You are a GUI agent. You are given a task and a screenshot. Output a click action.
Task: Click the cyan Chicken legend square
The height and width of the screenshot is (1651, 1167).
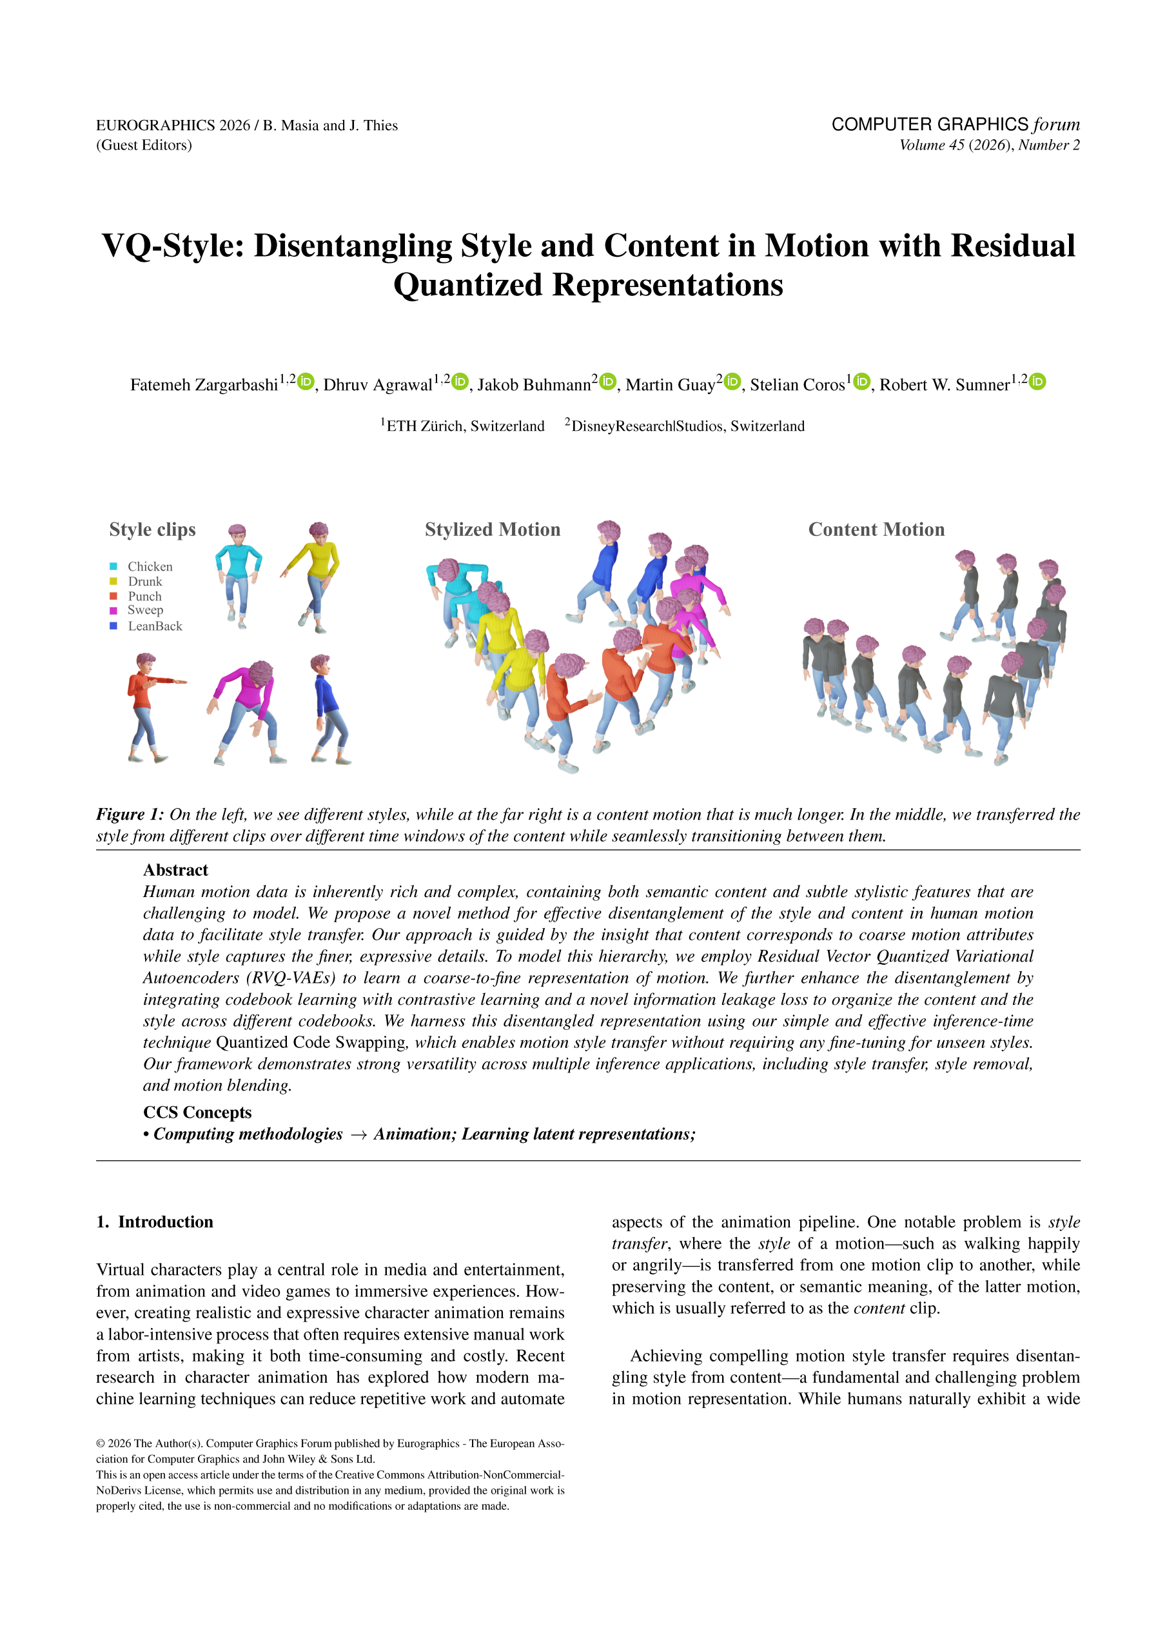tap(113, 567)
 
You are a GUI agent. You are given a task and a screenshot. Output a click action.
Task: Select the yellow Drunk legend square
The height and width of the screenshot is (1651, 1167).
tap(113, 582)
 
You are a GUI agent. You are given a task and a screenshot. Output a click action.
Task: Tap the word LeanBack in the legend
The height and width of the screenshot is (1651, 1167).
tap(155, 626)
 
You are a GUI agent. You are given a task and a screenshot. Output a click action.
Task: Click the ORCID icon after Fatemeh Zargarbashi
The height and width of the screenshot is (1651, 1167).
tap(306, 382)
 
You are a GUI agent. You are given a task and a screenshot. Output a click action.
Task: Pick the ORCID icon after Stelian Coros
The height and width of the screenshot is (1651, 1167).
tap(861, 382)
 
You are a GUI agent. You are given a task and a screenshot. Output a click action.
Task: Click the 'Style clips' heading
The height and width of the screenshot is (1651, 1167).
tap(152, 530)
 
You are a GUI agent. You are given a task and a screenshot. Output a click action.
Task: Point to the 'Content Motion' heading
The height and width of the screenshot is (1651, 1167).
tap(876, 530)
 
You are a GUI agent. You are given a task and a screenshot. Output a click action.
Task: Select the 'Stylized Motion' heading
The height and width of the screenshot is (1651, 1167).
tap(493, 530)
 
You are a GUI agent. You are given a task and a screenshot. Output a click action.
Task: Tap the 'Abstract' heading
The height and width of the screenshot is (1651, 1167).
tap(175, 870)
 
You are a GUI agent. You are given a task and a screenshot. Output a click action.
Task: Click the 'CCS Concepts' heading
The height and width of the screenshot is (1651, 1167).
tap(197, 1112)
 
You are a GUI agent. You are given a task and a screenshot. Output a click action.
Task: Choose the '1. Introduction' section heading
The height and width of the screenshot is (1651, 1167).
tap(155, 1221)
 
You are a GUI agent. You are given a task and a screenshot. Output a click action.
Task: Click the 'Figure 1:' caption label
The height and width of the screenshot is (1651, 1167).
tap(130, 815)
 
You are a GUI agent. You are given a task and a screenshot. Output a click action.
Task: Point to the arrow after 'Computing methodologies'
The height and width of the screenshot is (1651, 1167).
tap(358, 1134)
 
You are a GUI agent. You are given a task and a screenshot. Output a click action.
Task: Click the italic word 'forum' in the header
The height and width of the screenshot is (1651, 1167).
tap(1056, 124)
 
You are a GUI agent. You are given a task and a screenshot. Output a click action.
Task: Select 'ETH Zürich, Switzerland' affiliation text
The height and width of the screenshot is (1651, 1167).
tap(464, 426)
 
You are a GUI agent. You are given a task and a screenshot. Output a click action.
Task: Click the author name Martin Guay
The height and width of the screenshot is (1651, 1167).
tap(670, 386)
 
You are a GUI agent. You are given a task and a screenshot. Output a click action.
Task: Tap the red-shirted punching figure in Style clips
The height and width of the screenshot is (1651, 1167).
tap(149, 707)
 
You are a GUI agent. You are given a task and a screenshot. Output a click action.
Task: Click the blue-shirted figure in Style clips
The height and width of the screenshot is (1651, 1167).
tap(329, 708)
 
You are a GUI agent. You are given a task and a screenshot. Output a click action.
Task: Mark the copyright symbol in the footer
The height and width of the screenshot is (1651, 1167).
tap(101, 1444)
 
